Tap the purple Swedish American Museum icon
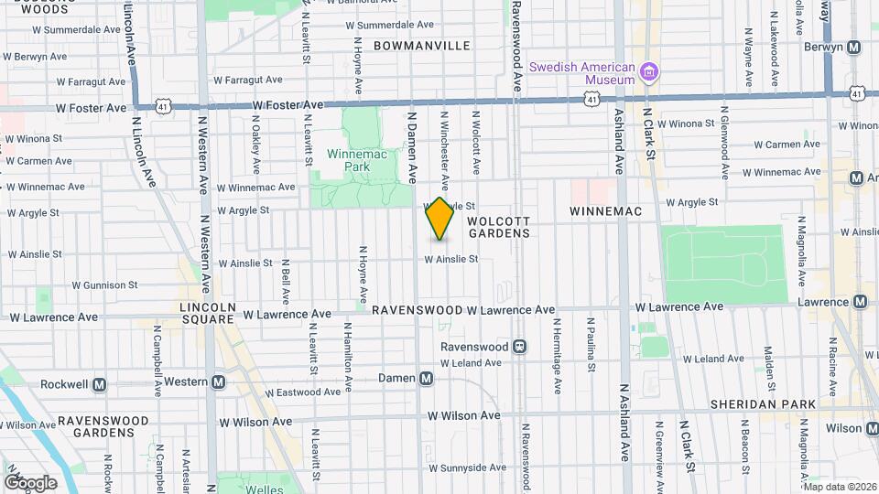coord(649,71)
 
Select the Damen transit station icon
coord(426,378)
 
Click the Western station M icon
coord(218,382)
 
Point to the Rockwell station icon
coord(99,384)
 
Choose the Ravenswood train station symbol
coord(519,347)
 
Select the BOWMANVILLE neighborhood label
coord(421,46)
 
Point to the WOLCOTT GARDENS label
coord(499,227)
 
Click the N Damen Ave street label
coord(412,146)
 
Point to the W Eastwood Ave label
coord(295,392)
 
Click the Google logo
coord(30,482)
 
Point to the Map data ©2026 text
coord(839,487)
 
